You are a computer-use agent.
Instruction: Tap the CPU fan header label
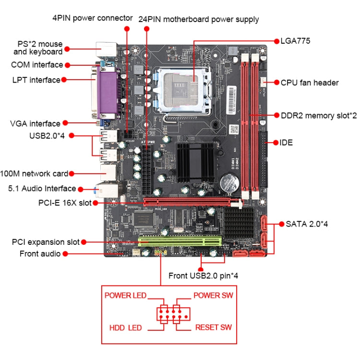pyautogui.click(x=309, y=83)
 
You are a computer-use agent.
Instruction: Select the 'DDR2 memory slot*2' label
pyautogui.click(x=319, y=116)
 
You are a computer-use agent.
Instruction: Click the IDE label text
pyautogui.click(x=287, y=143)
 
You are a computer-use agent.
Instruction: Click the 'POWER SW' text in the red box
pyautogui.click(x=213, y=295)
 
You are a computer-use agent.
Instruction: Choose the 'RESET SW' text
pyautogui.click(x=213, y=327)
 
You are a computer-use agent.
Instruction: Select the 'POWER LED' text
pyautogui.click(x=125, y=295)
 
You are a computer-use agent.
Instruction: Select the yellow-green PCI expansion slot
pyautogui.click(x=180, y=240)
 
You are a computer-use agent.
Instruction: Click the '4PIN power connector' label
pyautogui.click(x=92, y=18)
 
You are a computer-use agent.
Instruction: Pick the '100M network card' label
pyautogui.click(x=34, y=173)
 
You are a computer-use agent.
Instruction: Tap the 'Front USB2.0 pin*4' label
pyautogui.click(x=204, y=276)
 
